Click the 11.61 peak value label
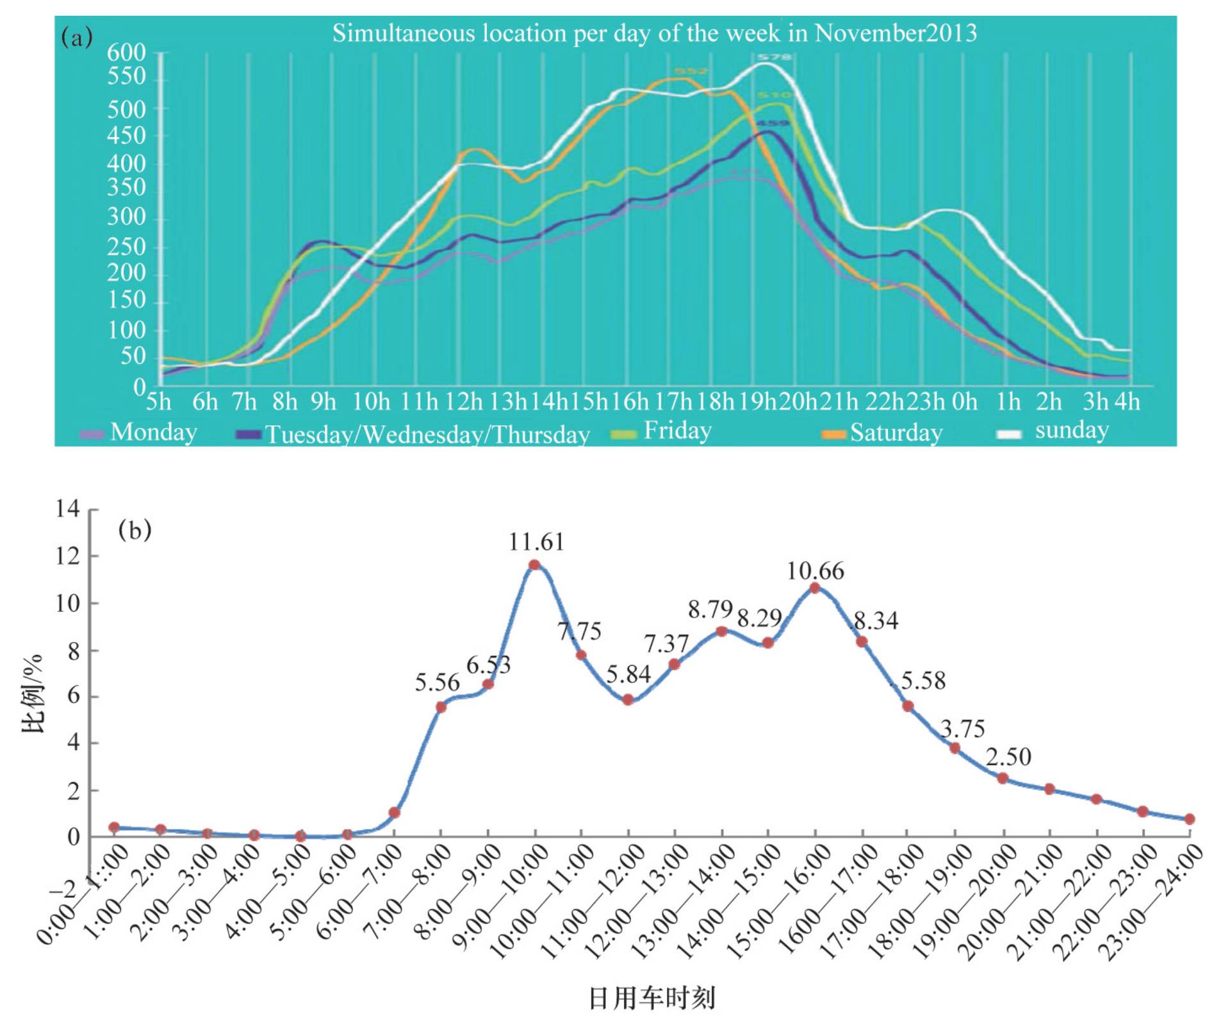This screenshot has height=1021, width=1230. click(x=536, y=543)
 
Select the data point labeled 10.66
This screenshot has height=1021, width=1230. click(x=815, y=588)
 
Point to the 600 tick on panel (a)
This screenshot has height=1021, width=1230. click(x=126, y=53)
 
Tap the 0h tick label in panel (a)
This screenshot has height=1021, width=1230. click(x=964, y=402)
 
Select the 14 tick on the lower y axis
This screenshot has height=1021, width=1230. click(x=67, y=510)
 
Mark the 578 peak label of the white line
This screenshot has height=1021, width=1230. click(x=775, y=58)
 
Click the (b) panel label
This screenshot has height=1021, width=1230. click(x=135, y=531)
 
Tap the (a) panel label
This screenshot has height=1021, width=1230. click(x=77, y=38)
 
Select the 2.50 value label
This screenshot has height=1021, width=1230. click(x=1008, y=758)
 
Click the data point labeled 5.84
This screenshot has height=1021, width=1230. click(x=628, y=699)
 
